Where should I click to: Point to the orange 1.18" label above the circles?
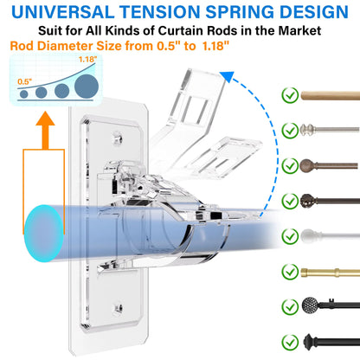click(87, 60)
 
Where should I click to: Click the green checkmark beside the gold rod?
click(290, 271)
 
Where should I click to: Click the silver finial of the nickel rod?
click(311, 130)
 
